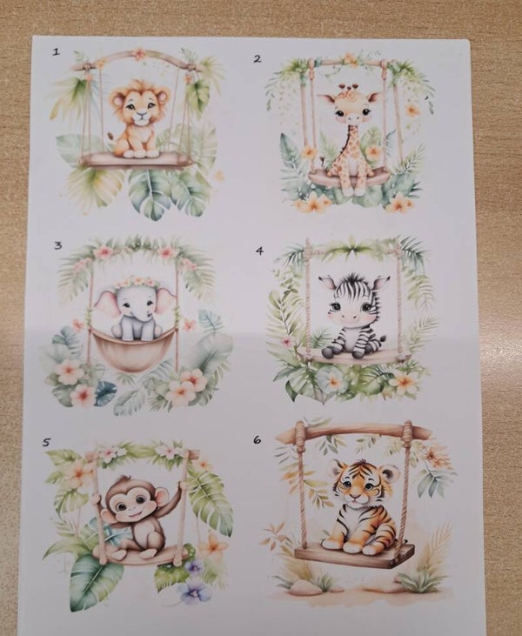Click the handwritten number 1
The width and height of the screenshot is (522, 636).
coord(56,51)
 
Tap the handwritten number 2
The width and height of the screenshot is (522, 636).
coord(258,59)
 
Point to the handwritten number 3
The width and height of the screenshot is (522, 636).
coord(58,245)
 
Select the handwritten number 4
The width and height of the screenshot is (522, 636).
coord(259,251)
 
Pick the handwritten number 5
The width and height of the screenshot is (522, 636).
coord(47,442)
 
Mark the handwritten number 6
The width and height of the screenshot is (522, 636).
coord(257,439)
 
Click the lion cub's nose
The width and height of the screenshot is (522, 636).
coord(141,114)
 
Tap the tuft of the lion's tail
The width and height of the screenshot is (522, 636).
coord(110,136)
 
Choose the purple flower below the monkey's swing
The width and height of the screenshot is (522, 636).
coord(196,593)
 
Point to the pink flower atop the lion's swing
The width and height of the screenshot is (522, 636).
coord(139,54)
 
